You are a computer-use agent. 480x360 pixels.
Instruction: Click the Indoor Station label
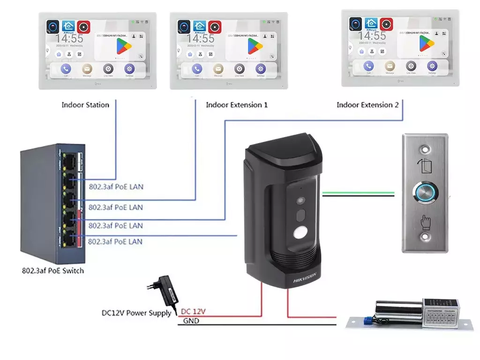[x=85, y=105]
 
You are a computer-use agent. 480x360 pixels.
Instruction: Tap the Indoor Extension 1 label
[x=237, y=105]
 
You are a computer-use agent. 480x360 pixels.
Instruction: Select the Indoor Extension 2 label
[x=367, y=105]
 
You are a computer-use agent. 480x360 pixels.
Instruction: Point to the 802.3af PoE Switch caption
[x=53, y=270]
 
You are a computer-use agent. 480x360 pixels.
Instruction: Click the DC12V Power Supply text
[x=136, y=313]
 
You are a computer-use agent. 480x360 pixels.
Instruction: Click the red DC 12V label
[x=193, y=311]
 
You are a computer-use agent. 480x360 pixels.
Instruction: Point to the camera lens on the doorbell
[x=300, y=201]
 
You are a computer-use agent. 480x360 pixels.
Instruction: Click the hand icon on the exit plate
[x=425, y=222]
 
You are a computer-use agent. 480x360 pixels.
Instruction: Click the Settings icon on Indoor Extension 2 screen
[x=432, y=66]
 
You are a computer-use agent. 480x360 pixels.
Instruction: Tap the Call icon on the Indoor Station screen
[x=65, y=69]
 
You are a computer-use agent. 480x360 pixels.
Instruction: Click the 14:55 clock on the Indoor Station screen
[x=70, y=39]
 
